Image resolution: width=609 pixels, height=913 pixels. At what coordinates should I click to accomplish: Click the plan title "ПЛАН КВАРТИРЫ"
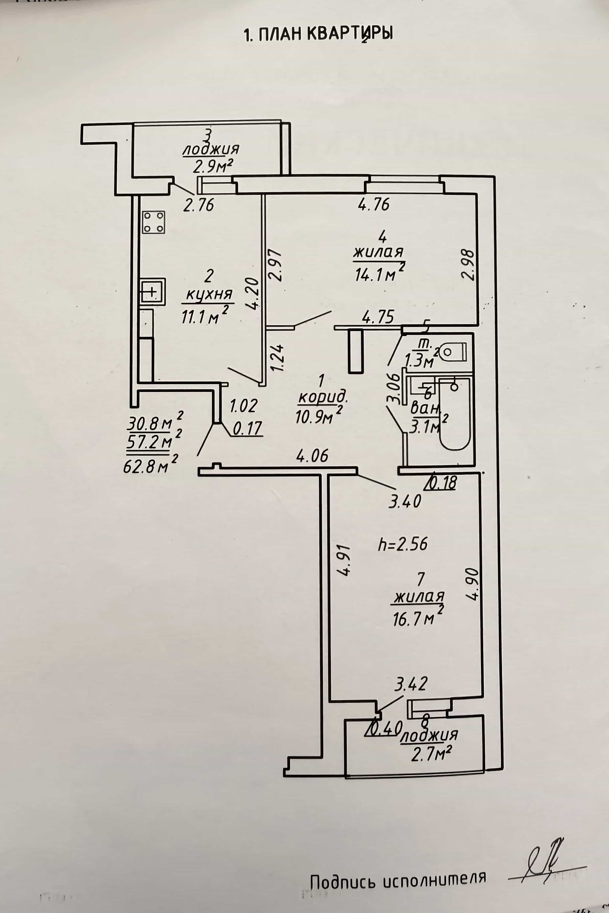pyautogui.click(x=325, y=34)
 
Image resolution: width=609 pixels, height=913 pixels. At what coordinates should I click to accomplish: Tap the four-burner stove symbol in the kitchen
pyautogui.click(x=153, y=222)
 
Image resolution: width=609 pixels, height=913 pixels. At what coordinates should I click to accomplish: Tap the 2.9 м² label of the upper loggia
pyautogui.click(x=213, y=167)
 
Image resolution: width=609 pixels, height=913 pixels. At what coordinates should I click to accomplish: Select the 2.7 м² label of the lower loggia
pyautogui.click(x=431, y=755)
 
